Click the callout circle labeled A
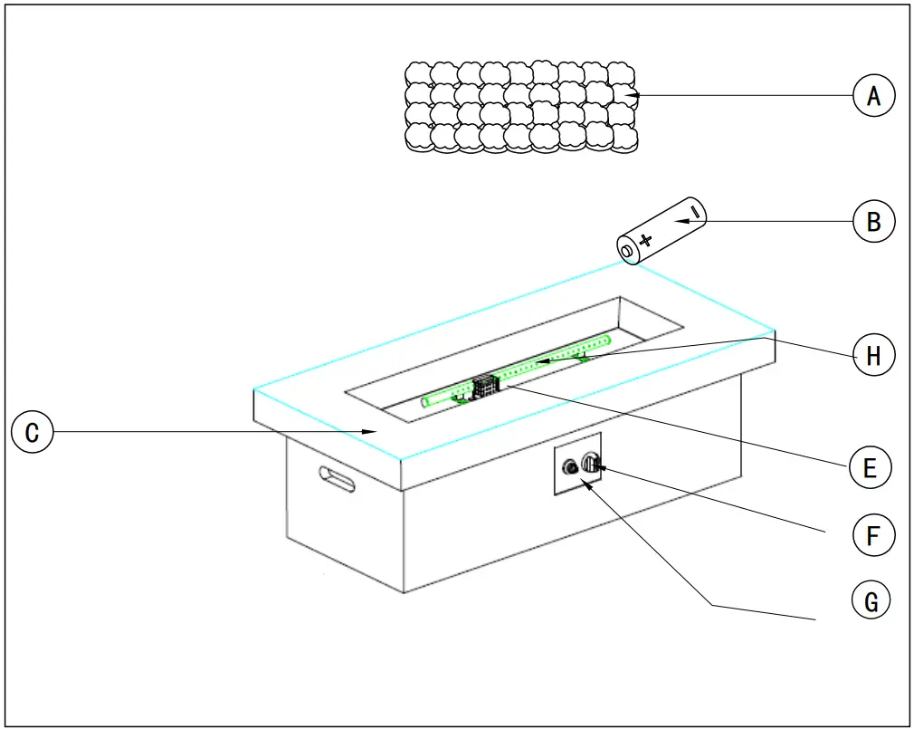[x=873, y=94]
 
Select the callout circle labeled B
[x=873, y=221]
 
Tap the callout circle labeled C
[x=32, y=433]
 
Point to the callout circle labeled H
[x=873, y=355]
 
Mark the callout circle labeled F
[x=873, y=534]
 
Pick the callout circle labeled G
[x=871, y=600]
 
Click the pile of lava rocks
[x=520, y=107]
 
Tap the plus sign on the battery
[x=645, y=240]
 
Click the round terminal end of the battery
[x=627, y=249]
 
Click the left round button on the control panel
[x=570, y=468]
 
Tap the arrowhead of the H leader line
[x=534, y=365]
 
